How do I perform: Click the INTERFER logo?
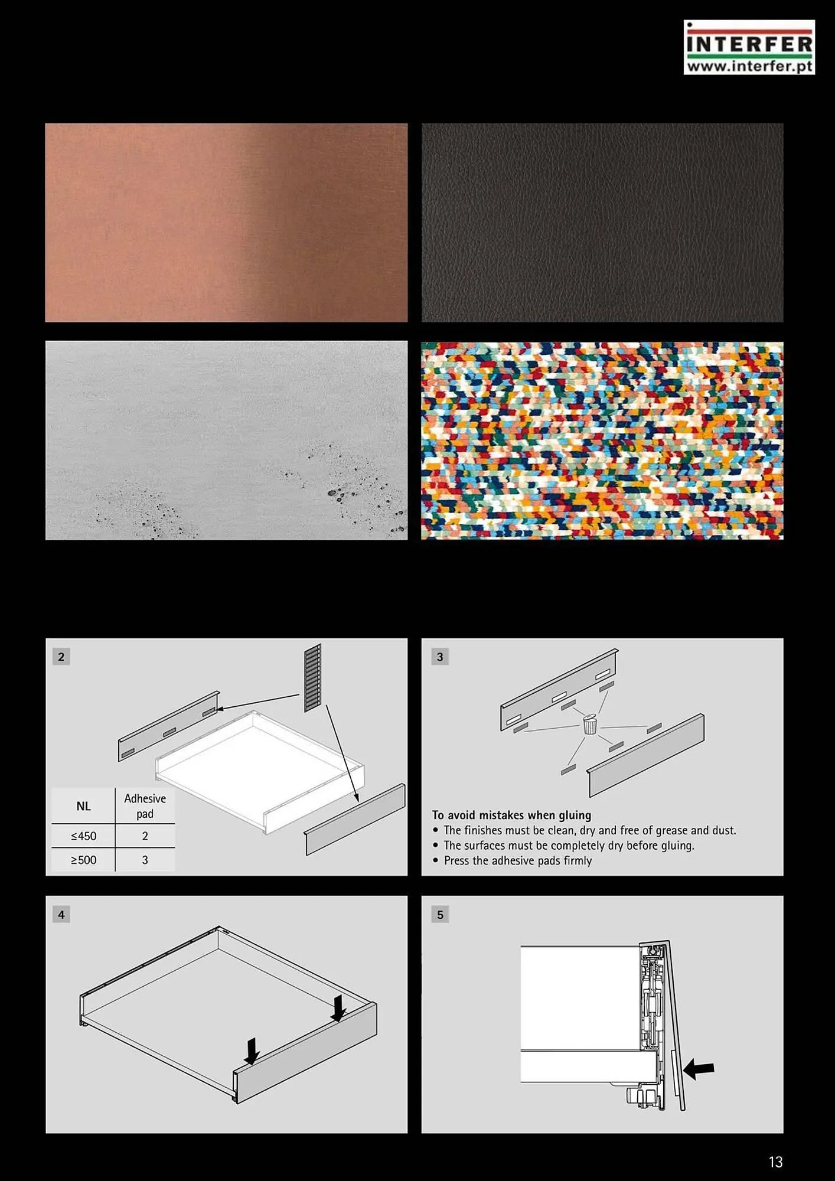tap(749, 47)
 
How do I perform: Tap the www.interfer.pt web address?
tap(749, 66)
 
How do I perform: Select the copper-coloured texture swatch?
tap(226, 223)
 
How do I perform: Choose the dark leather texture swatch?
tap(602, 223)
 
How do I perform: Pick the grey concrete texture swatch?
tap(226, 440)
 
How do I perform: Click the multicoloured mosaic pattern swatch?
tap(602, 440)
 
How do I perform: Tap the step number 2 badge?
tap(61, 657)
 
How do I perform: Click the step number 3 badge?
tap(440, 657)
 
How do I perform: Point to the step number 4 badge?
tap(61, 915)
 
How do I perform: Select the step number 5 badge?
tap(440, 915)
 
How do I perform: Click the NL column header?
tap(83, 806)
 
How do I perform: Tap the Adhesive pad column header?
tap(145, 806)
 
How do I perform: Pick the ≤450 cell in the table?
tap(83, 836)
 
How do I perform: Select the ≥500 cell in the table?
tap(83, 860)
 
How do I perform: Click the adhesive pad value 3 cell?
tap(145, 860)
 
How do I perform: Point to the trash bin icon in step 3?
tap(590, 724)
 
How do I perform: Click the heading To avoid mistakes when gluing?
tap(511, 815)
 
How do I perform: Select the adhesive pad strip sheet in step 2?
tap(313, 678)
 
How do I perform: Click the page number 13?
tap(775, 1162)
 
